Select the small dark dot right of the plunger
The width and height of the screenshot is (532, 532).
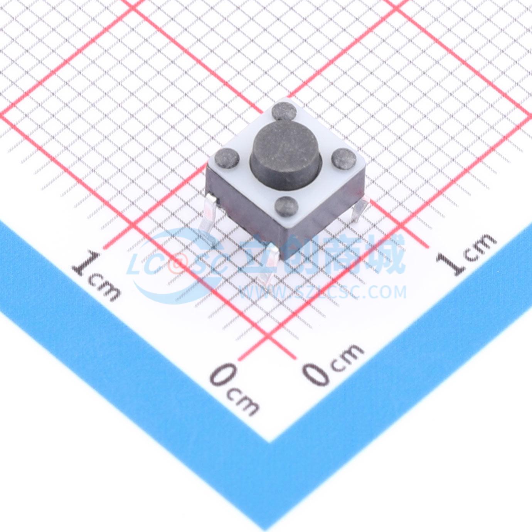344,157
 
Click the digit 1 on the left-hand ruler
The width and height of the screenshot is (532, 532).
86,261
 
